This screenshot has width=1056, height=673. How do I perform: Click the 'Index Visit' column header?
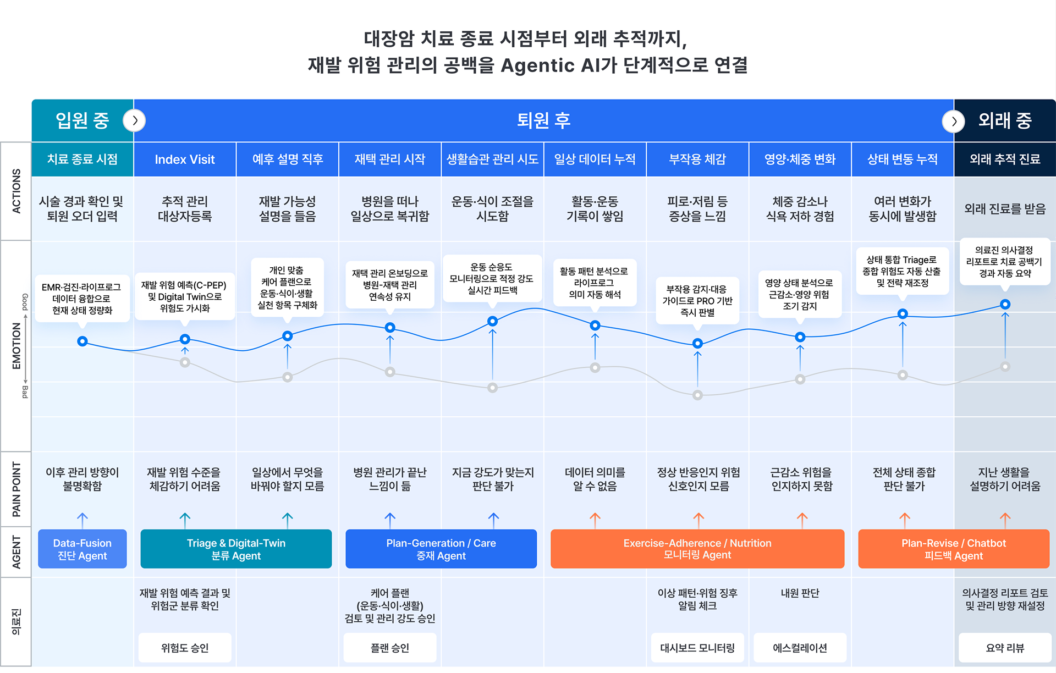(185, 159)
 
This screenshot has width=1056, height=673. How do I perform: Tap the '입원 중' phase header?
(82, 120)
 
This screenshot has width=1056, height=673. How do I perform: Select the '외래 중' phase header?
(1004, 120)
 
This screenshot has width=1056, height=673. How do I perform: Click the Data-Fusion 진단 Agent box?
(82, 549)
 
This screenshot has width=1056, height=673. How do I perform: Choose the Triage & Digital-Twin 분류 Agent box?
(236, 549)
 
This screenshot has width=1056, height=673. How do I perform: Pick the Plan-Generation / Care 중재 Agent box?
(441, 549)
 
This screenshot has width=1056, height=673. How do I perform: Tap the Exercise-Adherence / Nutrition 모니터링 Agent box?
(697, 549)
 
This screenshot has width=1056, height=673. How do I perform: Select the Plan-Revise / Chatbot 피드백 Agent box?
(953, 549)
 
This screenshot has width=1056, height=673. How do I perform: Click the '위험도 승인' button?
(185, 648)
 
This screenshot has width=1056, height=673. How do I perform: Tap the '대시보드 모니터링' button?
(697, 648)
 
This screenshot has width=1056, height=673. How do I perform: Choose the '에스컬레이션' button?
(800, 648)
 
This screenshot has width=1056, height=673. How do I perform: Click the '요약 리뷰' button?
(1004, 648)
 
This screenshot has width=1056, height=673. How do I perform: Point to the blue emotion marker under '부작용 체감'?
(697, 344)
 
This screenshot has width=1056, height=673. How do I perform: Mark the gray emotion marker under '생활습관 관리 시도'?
(493, 388)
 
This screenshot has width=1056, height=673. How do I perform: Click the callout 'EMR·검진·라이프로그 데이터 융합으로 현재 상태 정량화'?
(82, 299)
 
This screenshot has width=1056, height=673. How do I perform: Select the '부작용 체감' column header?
(697, 159)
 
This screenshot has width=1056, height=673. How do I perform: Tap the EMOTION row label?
(16, 345)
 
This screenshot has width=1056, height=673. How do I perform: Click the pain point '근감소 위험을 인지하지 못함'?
(801, 479)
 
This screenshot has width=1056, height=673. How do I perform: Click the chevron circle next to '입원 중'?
(134, 120)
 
